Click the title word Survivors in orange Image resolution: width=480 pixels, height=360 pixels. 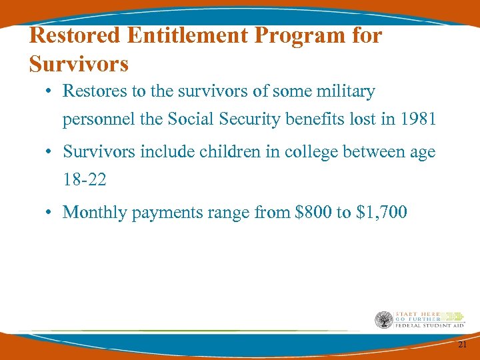[x=79, y=64]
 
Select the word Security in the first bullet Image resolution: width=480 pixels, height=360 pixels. [x=257, y=120]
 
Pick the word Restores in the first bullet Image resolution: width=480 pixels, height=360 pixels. [x=93, y=91]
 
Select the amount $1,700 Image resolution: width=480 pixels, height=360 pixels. [x=382, y=213]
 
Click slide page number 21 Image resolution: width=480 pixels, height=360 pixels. [x=463, y=344]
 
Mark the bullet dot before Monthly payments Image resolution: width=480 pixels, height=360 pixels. [x=50, y=213]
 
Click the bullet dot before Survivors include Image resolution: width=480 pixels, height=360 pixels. [x=50, y=153]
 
